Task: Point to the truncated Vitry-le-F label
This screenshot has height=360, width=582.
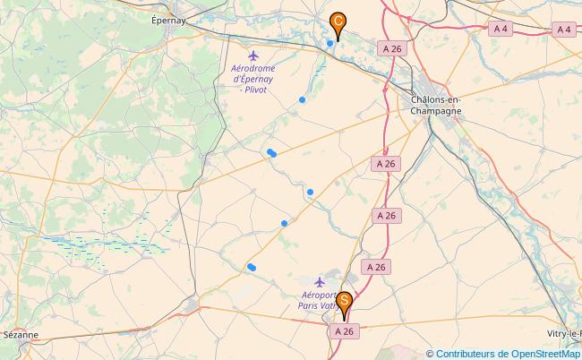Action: [565, 334]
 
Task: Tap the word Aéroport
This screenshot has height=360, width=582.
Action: [319, 295]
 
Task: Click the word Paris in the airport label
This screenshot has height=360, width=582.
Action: [311, 305]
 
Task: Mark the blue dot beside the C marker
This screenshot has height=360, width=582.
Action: [330, 43]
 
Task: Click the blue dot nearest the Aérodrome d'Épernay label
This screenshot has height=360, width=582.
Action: [303, 99]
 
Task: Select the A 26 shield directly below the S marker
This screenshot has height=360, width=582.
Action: [345, 330]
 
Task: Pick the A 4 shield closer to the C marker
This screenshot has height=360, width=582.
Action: [501, 30]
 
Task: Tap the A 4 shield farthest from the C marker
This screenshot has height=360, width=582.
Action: [563, 30]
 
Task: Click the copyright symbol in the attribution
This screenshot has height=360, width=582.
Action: [431, 353]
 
